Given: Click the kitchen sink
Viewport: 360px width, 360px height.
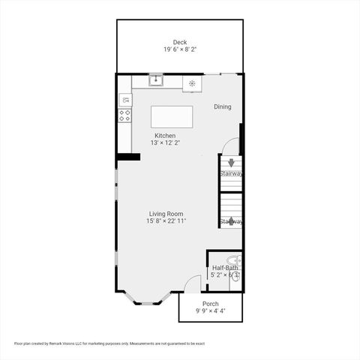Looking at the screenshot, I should [x=156, y=79].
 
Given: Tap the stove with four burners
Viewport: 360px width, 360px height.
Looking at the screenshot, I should [x=124, y=115].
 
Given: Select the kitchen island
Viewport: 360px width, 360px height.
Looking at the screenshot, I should [x=172, y=117].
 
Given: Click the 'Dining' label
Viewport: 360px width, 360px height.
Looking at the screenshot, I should [x=223, y=106].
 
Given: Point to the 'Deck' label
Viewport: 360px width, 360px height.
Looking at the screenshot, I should [x=180, y=42].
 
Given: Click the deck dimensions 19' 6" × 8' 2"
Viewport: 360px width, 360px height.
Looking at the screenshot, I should [x=180, y=49].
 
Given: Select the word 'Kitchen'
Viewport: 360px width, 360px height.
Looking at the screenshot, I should [x=165, y=136].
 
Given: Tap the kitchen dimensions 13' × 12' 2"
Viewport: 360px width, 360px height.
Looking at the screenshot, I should [x=165, y=142].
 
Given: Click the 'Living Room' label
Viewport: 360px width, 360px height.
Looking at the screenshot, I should [x=166, y=214].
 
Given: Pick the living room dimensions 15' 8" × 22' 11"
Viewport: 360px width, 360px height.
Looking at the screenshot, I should [x=166, y=221].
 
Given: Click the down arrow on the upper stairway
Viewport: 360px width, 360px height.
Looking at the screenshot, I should [x=231, y=162].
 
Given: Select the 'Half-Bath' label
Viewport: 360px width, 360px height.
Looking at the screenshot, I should [x=225, y=268].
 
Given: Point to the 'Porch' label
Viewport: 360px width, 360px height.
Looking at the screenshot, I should [x=211, y=304].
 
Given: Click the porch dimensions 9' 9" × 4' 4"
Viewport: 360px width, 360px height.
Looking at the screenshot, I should [x=211, y=311].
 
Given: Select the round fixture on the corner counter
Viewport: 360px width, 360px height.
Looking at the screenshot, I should [x=193, y=83].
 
